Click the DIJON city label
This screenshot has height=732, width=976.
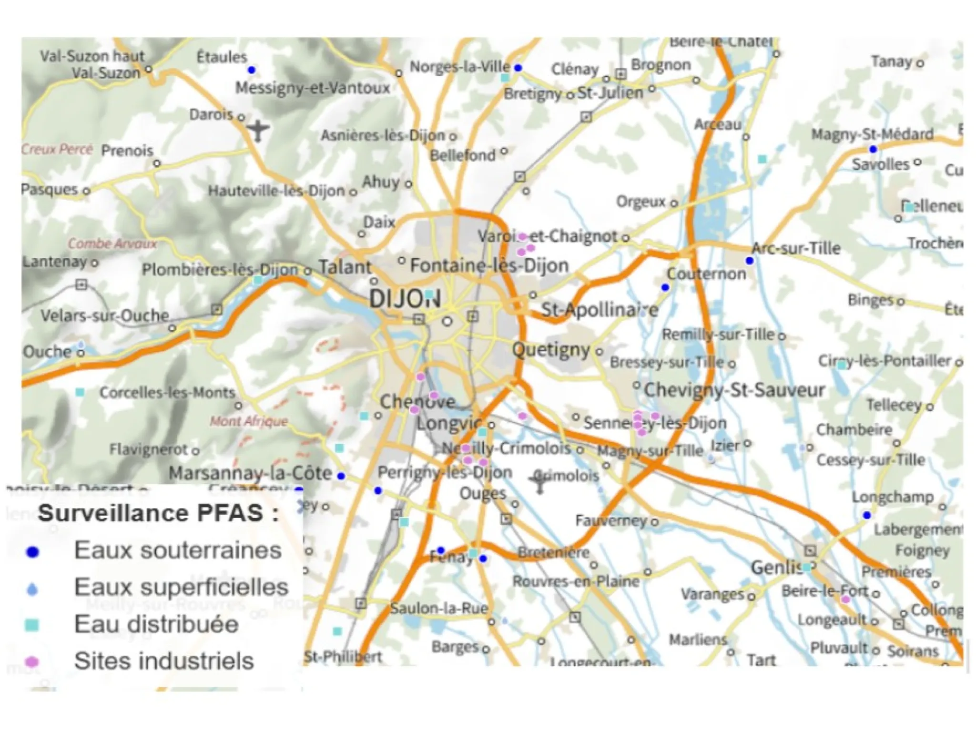tap(404, 299)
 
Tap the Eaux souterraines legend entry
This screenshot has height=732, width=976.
tap(177, 551)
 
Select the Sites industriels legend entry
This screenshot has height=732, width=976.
tap(164, 661)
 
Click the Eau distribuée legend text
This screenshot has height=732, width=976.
tap(156, 624)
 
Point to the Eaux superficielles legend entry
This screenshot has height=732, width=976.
tap(181, 587)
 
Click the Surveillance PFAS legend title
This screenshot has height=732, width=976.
tap(158, 513)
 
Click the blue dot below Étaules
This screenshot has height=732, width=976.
tap(252, 70)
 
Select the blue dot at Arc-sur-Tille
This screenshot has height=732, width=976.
tap(750, 261)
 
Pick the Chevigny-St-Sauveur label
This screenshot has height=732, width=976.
tap(734, 390)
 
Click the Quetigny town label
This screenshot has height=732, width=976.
tap(551, 350)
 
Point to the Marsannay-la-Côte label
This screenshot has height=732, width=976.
tap(250, 473)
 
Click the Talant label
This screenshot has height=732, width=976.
tap(345, 267)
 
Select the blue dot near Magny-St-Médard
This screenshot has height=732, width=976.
tap(873, 149)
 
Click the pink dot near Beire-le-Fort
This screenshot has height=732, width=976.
tap(845, 600)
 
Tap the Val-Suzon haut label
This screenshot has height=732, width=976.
tap(92, 56)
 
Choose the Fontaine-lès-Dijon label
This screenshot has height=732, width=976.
tap(489, 265)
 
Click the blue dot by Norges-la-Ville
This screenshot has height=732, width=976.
tap(518, 68)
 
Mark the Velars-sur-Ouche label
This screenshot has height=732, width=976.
tap(105, 315)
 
